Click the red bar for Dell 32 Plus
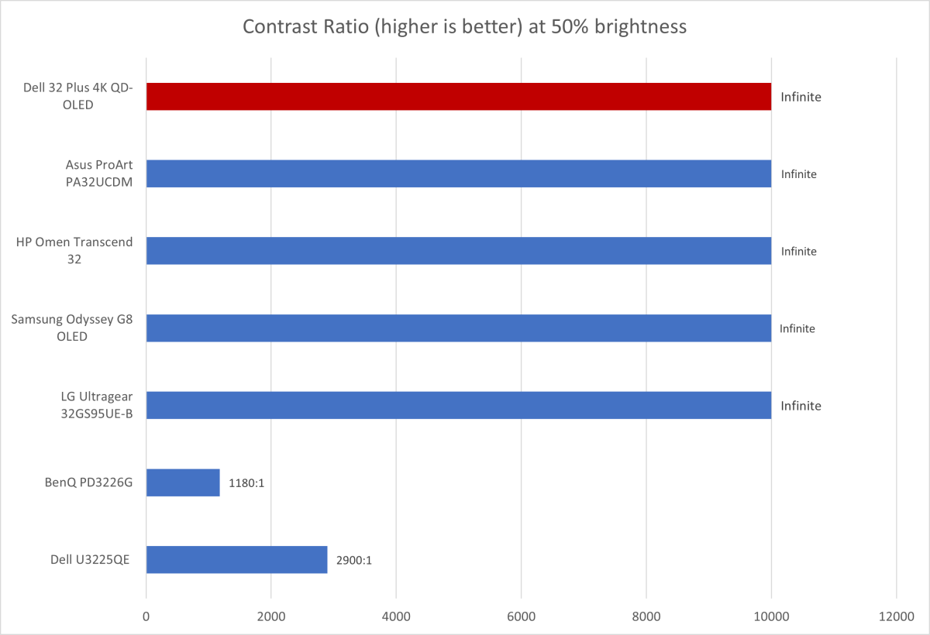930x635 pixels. (458, 97)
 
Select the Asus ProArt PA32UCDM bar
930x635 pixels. (458, 173)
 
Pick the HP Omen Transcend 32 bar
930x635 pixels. (458, 251)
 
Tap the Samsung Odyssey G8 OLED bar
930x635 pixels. (458, 328)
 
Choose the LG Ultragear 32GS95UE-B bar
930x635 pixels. (458, 405)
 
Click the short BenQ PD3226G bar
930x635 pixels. (183, 482)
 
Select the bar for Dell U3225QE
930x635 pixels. (236, 559)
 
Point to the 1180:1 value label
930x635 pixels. (247, 483)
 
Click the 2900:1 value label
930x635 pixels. (354, 560)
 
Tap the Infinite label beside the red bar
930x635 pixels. (801, 98)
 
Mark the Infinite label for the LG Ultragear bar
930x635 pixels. (801, 406)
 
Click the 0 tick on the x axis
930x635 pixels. (146, 616)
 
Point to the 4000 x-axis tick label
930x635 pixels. (396, 616)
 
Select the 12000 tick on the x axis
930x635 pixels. (896, 616)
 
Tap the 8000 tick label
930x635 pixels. (646, 616)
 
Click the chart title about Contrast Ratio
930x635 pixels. (464, 27)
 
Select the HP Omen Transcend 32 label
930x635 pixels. (74, 251)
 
